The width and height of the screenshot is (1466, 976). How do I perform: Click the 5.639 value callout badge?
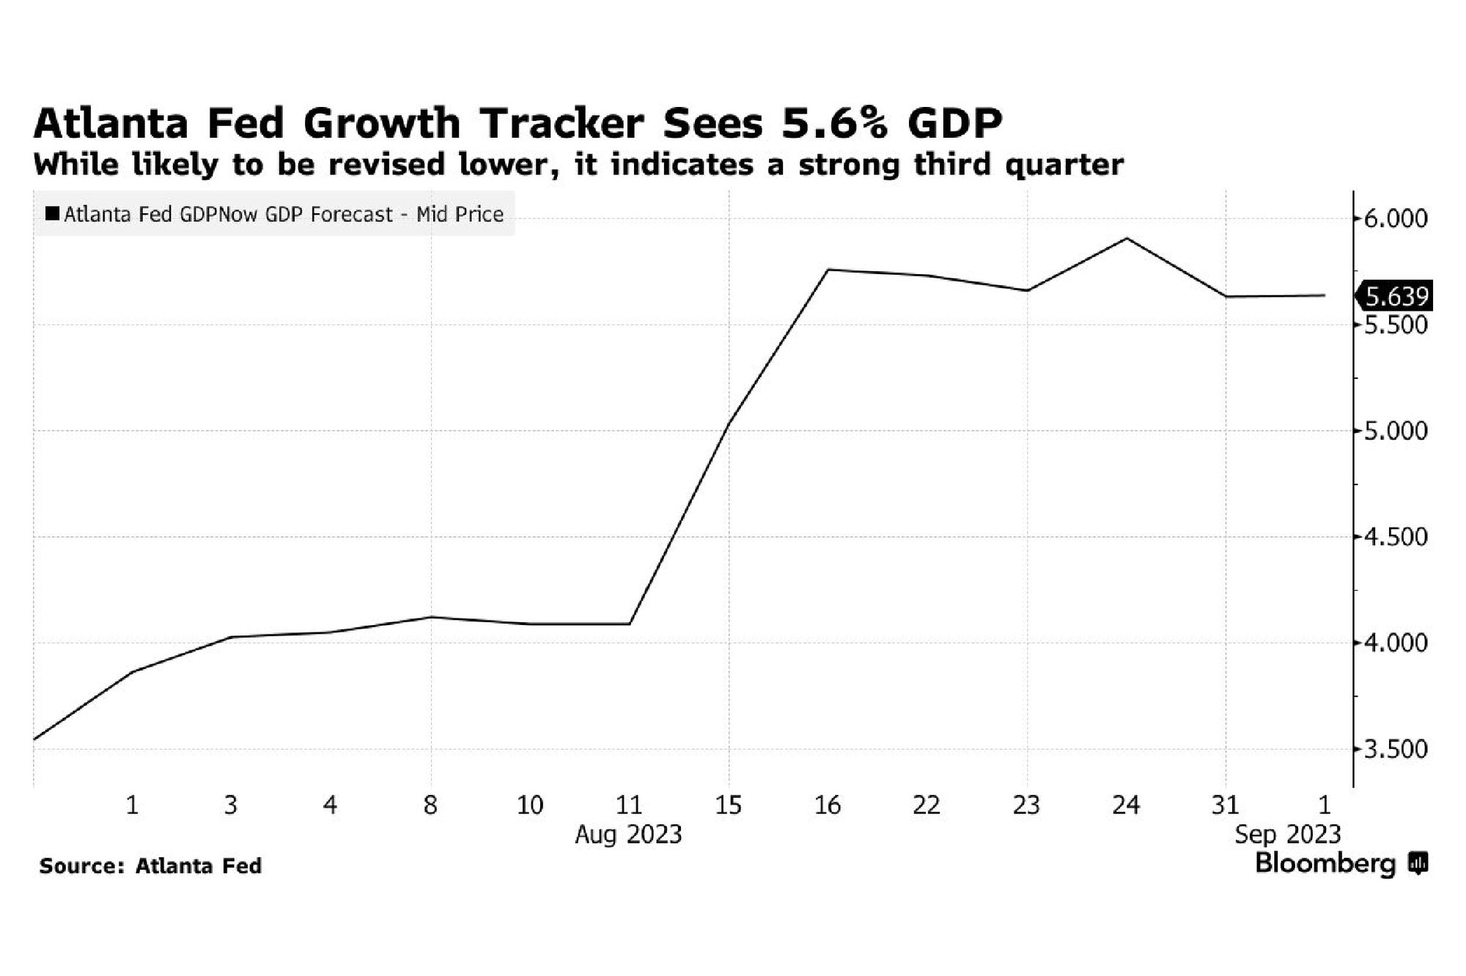coord(1395,296)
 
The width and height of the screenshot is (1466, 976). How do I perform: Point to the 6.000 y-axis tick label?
coord(1395,218)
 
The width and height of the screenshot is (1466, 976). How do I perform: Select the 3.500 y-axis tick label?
coord(1395,750)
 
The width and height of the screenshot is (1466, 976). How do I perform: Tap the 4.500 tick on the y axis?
coord(1395,537)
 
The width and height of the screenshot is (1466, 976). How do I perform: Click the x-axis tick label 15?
coord(728,805)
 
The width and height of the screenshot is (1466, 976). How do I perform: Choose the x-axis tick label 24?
coord(1126,805)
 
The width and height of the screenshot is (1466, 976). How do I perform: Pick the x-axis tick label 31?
coord(1225,805)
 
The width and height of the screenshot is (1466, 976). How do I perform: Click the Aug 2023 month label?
coord(628,834)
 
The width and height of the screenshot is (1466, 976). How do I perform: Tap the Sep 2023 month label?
coord(1287,834)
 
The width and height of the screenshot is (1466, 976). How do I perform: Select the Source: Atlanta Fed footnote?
coord(150,866)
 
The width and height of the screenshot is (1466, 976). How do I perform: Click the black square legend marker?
coord(52,214)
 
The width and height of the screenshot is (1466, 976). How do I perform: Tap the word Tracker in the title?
coord(561,123)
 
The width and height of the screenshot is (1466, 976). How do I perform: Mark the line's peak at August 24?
coord(1127,238)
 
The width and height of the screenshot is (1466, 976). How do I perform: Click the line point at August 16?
coord(828,270)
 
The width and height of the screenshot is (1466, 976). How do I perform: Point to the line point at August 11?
coord(629,624)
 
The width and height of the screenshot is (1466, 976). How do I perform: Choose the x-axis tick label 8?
coord(430,805)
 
